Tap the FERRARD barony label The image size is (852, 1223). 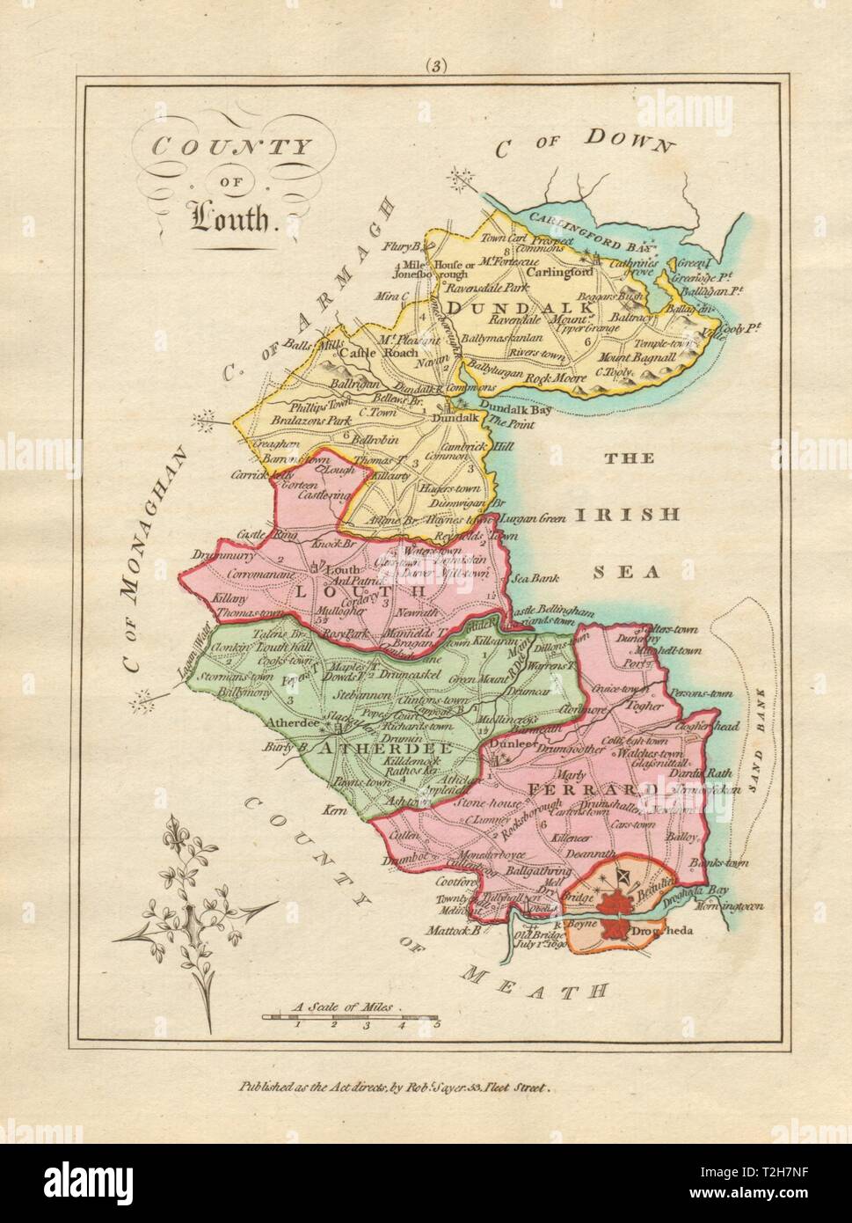(593, 789)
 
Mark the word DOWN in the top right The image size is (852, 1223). (630, 140)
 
